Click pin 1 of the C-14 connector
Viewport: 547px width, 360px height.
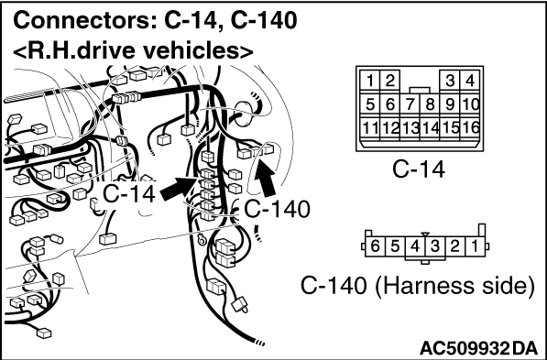pyautogui.click(x=370, y=81)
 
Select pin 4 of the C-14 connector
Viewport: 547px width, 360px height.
pyautogui.click(x=469, y=81)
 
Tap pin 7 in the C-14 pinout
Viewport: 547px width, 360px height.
pyautogui.click(x=410, y=104)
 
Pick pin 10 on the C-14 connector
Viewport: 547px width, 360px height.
pyautogui.click(x=469, y=104)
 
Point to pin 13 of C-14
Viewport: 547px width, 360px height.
pyautogui.click(x=410, y=128)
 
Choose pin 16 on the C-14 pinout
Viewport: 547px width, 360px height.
pyautogui.click(x=469, y=128)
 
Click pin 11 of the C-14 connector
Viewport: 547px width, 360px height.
pyautogui.click(x=370, y=128)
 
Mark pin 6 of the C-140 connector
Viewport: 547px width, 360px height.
pyautogui.click(x=375, y=246)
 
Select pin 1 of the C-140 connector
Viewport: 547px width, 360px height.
pyautogui.click(x=475, y=246)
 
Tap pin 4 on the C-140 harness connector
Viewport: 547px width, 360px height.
pyautogui.click(x=415, y=246)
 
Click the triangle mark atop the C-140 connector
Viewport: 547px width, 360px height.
pyautogui.click(x=425, y=235)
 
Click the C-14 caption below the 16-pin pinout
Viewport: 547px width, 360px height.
pyautogui.click(x=419, y=169)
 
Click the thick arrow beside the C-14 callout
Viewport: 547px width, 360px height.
pyautogui.click(x=179, y=189)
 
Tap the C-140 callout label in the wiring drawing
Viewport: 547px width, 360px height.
pyautogui.click(x=277, y=209)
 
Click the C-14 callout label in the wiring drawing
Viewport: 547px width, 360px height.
pyautogui.click(x=129, y=193)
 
